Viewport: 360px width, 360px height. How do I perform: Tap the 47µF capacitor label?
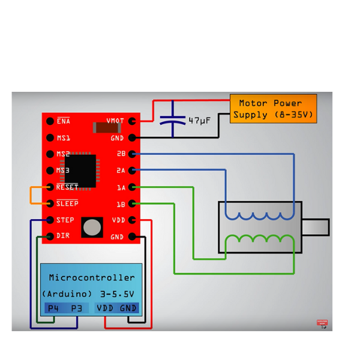click(x=199, y=121)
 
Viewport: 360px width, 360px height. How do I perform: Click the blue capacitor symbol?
click(x=173, y=120)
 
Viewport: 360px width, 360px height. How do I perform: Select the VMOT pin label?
click(x=115, y=121)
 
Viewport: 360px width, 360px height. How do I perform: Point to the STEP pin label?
click(x=65, y=220)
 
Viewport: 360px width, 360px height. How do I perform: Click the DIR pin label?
click(x=62, y=236)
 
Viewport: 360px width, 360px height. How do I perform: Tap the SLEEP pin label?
click(x=67, y=203)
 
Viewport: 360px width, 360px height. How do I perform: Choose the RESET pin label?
click(x=67, y=187)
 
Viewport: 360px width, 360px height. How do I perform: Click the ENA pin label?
click(x=64, y=121)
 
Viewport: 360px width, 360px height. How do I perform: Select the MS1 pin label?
click(x=64, y=137)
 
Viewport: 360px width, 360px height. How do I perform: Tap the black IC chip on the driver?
click(x=80, y=170)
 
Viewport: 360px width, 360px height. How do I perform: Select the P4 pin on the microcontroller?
click(x=54, y=308)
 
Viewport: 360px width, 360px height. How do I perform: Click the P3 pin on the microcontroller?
click(x=76, y=308)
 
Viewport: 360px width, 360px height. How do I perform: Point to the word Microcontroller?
click(x=92, y=278)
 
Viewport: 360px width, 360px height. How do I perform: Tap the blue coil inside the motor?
click(x=260, y=215)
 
